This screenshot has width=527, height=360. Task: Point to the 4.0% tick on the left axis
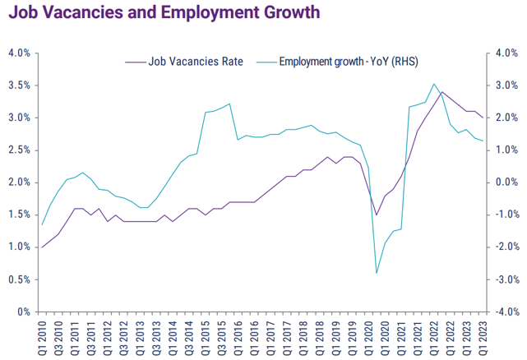(x=19, y=53)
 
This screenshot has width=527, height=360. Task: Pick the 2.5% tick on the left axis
(x=19, y=150)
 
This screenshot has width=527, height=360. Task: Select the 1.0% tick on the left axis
(x=19, y=247)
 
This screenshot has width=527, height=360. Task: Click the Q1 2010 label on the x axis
(x=42, y=337)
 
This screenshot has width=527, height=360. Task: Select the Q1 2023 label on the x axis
(x=483, y=337)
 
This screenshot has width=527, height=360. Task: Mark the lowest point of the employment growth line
(x=377, y=273)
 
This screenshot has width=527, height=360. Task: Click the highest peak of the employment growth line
(x=433, y=84)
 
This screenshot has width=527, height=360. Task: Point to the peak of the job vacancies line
(x=441, y=91)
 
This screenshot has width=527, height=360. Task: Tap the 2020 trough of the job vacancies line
(x=377, y=215)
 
